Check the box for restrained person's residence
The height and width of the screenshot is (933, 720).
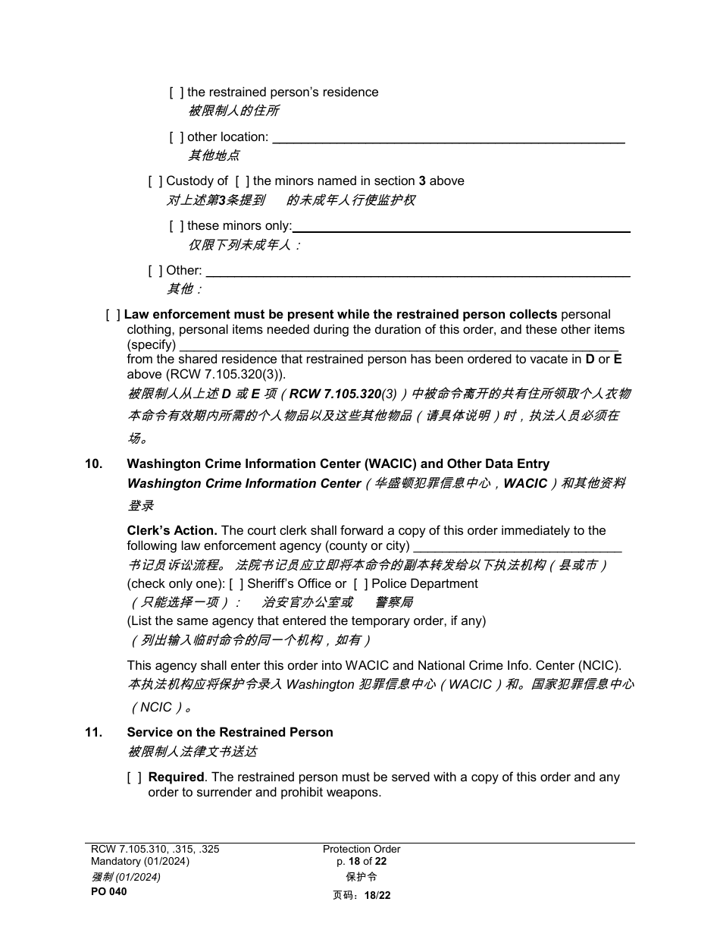point(176,93)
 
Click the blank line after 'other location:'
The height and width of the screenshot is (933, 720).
point(448,138)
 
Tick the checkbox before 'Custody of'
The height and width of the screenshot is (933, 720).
point(155,181)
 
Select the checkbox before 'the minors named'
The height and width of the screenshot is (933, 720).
point(242,181)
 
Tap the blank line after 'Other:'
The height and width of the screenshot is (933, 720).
point(418,272)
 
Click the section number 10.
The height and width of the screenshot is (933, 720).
point(93,464)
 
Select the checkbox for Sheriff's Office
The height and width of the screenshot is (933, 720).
point(236,584)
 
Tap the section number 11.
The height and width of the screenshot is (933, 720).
point(93,733)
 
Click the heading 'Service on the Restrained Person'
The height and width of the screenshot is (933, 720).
point(230,733)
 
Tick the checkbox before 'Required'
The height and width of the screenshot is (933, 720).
point(134,777)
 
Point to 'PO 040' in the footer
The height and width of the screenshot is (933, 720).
point(109,892)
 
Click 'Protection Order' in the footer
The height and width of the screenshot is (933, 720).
point(361,850)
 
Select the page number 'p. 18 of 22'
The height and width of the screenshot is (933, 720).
point(361,862)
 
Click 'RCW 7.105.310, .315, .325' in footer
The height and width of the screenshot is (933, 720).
point(155,850)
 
